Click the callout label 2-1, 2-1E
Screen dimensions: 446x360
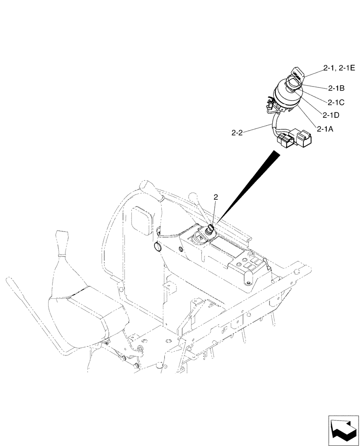[x=339, y=68]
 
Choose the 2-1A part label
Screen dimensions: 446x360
[x=326, y=129]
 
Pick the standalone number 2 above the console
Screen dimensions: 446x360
[x=216, y=197]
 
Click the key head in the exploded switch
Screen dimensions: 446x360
[x=297, y=73]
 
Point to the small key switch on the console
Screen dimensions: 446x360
[x=210, y=230]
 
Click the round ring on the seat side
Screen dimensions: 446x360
[x=157, y=247]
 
